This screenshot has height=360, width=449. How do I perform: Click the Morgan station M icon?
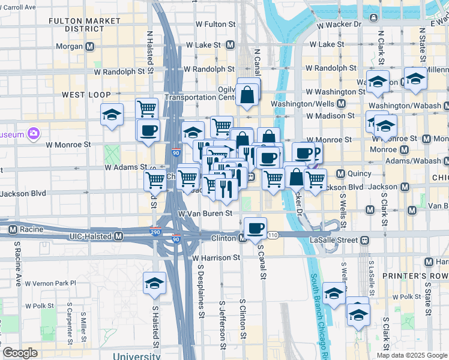pyautogui.click(x=90, y=46)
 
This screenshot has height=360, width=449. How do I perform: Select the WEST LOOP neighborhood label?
pyautogui.click(x=86, y=95)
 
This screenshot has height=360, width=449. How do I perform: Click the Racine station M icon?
pyautogui.click(x=12, y=229)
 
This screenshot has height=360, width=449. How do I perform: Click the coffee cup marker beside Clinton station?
pyautogui.click(x=255, y=228)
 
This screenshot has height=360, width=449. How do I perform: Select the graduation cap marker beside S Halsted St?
pyautogui.click(x=154, y=283)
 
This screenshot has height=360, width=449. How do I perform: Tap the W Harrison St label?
pyautogui.click(x=216, y=258)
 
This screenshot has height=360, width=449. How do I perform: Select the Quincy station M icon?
pyautogui.click(x=341, y=174)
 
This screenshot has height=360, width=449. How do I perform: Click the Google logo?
pyautogui.click(x=20, y=353)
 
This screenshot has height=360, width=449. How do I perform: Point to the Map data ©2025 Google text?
pyautogui.click(x=411, y=355)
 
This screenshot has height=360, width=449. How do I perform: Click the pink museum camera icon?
pyautogui.click(x=34, y=134)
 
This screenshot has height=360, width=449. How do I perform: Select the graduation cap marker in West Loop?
pyautogui.click(x=112, y=115)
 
